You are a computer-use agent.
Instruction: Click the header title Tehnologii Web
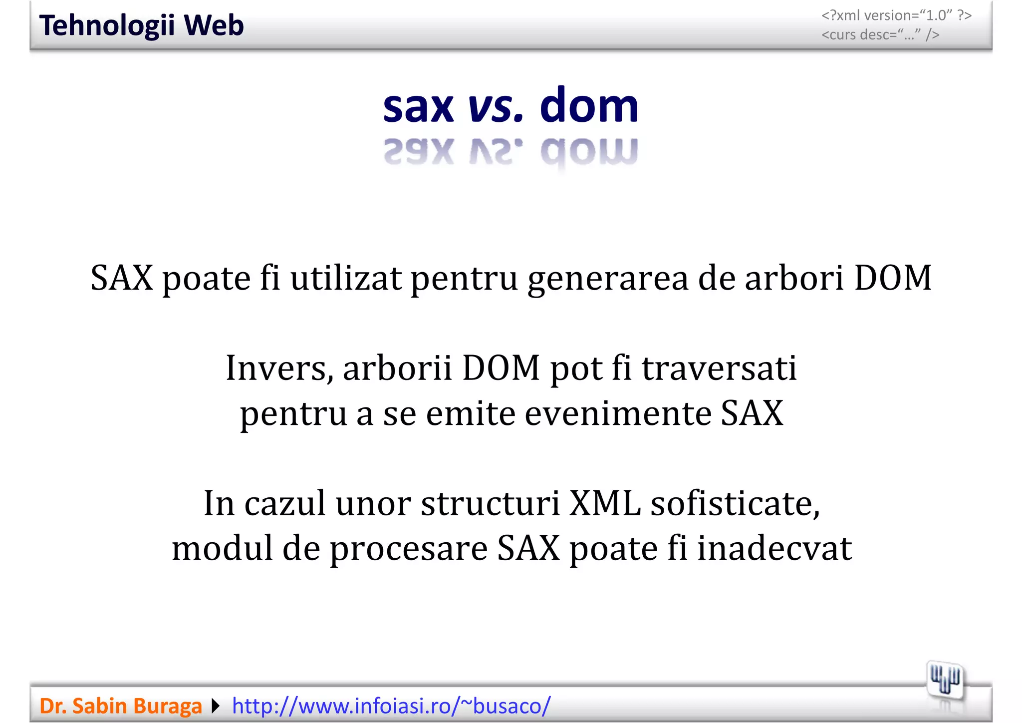pyautogui.click(x=141, y=25)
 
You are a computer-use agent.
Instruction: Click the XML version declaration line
pyautogui.click(x=896, y=15)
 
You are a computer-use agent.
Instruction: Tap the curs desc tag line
pyautogui.click(x=880, y=35)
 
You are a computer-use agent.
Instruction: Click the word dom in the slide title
pyautogui.click(x=589, y=105)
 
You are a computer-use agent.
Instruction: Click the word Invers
pyautogui.click(x=279, y=368)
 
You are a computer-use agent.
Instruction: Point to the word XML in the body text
pyautogui.click(x=605, y=503)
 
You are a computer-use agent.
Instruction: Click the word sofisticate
pyautogui.click(x=736, y=503)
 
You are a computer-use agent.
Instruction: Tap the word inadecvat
pyautogui.click(x=774, y=548)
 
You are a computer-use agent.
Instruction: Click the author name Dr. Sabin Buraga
pyautogui.click(x=121, y=706)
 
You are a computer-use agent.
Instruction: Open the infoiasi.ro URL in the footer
pyautogui.click(x=391, y=706)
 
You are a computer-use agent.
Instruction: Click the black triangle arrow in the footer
pyautogui.click(x=216, y=706)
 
